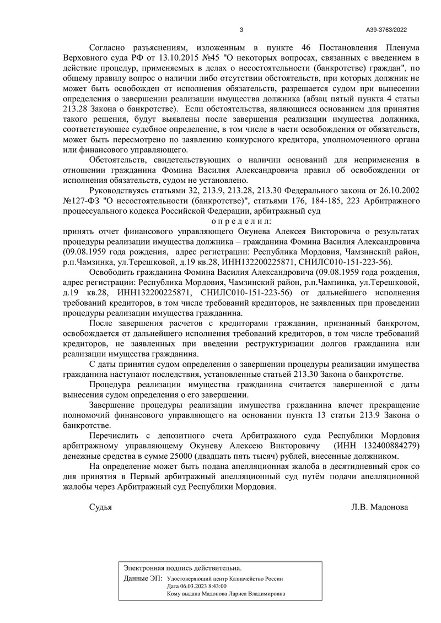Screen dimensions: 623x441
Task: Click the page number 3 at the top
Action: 241,30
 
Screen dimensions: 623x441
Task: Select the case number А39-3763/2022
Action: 386,30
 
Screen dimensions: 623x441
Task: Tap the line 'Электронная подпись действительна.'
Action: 182,567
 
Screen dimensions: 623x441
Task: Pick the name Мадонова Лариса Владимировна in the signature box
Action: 243,594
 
